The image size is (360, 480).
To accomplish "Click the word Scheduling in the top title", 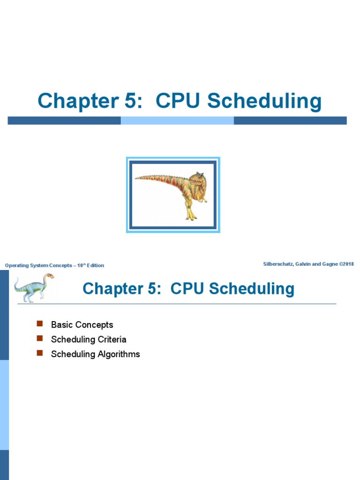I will click(264, 102).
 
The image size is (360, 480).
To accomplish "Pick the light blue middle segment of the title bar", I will click(177, 120).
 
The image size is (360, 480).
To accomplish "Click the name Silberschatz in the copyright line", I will click(280, 264).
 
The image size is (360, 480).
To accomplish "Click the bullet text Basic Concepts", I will click(82, 324).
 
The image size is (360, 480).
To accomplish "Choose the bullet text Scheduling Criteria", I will click(89, 339).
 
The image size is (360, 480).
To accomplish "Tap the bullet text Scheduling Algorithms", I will click(95, 354).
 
